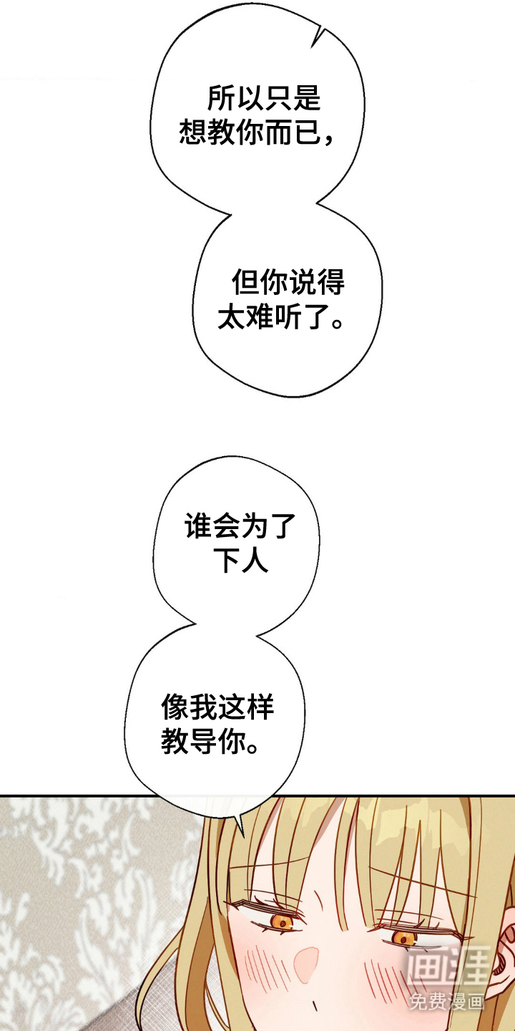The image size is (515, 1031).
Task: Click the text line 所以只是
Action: [x=264, y=99]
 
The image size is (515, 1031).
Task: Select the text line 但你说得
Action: [x=288, y=284]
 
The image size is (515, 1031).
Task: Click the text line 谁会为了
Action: [x=240, y=528]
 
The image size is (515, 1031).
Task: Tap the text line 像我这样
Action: [x=217, y=709]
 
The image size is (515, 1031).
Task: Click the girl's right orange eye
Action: [x=405, y=937]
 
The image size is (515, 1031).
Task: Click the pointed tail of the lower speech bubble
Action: [x=240, y=831]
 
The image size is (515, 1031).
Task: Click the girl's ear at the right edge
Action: [x=502, y=945]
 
